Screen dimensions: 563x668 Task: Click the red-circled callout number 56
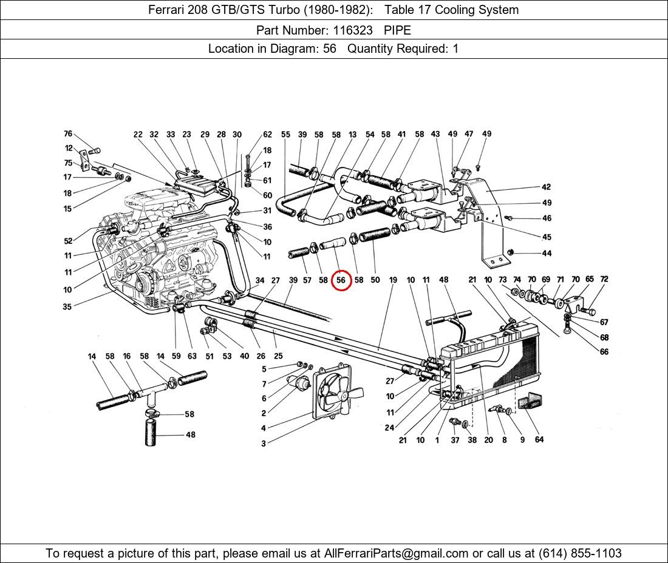341,280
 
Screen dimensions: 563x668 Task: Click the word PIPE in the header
397,30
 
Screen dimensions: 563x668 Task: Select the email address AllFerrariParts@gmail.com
397,553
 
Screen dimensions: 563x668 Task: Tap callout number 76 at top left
68,134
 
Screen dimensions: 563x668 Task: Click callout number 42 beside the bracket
547,187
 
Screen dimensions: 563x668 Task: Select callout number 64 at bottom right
539,440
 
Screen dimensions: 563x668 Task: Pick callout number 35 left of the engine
67,306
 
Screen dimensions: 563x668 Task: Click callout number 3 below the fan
264,443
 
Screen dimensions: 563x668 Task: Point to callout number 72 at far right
604,280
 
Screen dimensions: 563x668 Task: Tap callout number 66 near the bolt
604,352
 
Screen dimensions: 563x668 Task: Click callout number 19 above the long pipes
393,280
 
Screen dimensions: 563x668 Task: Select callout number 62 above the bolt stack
267,135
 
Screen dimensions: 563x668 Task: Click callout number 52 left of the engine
68,241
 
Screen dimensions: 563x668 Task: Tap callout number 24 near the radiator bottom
389,428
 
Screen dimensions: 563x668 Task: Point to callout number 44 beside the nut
547,254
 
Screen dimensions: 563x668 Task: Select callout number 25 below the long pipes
278,356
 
